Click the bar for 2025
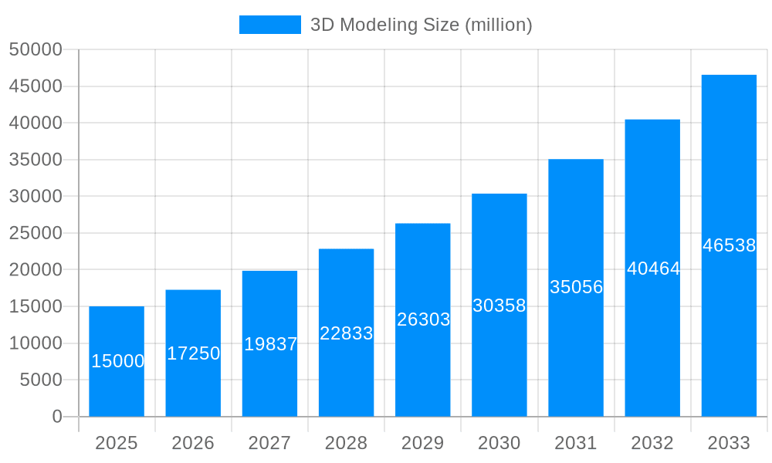117,361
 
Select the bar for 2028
346,333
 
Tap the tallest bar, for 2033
729,245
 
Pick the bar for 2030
499,305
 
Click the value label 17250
193,353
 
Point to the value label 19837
270,344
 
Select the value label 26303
423,319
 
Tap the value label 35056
576,287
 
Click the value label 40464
653,269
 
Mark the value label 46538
729,245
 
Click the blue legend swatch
269,25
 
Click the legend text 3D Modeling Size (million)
421,25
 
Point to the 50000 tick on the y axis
36,49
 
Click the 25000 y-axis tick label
36,233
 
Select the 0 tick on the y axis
57,417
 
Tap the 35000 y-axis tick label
36,160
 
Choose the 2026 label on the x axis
193,443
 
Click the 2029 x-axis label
423,443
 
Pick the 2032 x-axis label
652,443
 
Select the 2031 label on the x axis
576,443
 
